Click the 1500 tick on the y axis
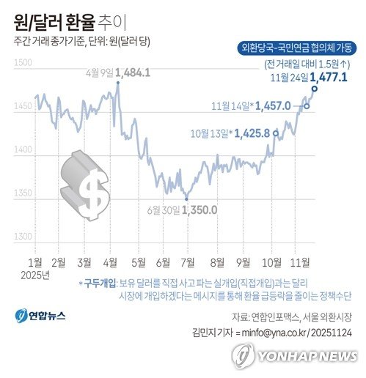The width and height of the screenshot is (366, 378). coord(23,64)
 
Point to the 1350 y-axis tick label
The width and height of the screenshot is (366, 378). coord(23,193)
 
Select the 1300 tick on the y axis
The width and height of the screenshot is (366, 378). coord(23,237)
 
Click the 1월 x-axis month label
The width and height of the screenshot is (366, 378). coord(34,262)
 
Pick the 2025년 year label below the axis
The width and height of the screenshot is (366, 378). coord(37,275)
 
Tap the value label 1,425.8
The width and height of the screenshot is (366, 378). coord(252,133)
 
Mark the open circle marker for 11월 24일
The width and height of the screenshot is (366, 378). coord(315,89)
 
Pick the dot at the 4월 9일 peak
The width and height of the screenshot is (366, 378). coord(118,83)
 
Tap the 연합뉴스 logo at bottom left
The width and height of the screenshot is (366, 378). coord(41,315)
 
